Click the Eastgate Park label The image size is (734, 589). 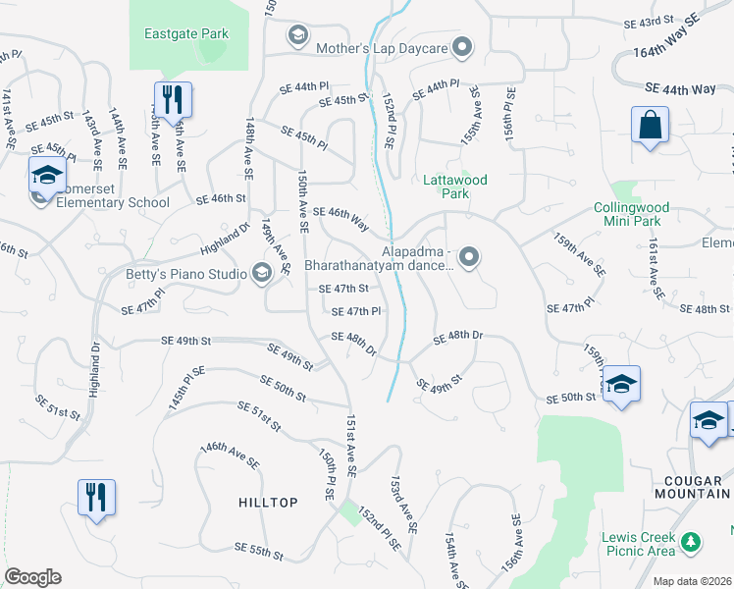point(186,33)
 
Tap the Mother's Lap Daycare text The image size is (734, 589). point(382,47)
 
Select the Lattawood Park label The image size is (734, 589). point(455,187)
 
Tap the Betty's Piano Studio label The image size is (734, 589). point(184,274)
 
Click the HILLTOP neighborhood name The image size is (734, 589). point(268,503)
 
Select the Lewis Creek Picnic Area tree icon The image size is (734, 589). point(692,541)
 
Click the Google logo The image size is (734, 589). point(32,577)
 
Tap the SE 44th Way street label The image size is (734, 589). point(680,88)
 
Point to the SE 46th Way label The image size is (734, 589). point(341,218)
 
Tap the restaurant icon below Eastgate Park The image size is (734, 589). point(172,99)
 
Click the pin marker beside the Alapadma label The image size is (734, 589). point(470,257)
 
